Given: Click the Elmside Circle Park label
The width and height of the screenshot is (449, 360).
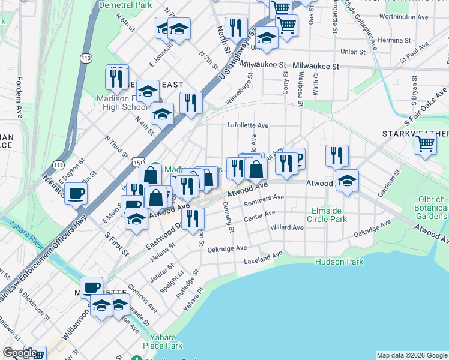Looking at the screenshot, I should (x=329, y=215).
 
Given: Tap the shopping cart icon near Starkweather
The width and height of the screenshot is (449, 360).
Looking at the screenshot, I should (x=426, y=145).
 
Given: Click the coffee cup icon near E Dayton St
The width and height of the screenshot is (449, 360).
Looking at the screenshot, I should (x=76, y=193).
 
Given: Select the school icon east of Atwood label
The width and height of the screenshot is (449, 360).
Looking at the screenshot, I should (x=347, y=179).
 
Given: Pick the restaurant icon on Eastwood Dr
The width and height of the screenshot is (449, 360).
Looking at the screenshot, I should (x=192, y=218).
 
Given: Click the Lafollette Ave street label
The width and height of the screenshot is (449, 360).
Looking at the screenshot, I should (x=248, y=126).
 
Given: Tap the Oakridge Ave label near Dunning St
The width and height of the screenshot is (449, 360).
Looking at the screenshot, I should (x=228, y=248).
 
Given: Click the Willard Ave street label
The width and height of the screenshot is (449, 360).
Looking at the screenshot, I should (x=287, y=228).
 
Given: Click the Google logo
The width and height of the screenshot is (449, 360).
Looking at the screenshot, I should (x=20, y=353).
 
